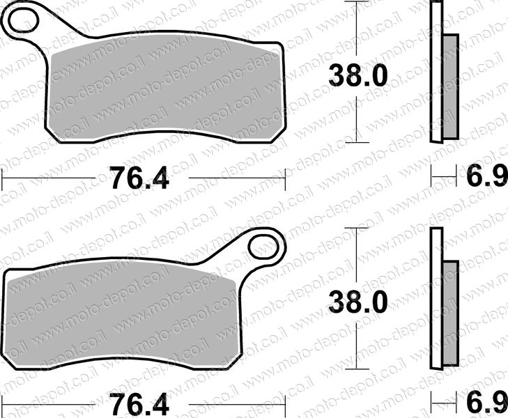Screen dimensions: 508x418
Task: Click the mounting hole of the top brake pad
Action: [x=24, y=20]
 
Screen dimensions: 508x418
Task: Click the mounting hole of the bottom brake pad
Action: [x=263, y=247]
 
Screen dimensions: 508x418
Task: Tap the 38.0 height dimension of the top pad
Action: [x=357, y=76]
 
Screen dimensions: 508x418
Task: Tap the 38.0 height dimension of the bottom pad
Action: [x=357, y=302]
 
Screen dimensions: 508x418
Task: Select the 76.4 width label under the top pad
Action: [x=139, y=178]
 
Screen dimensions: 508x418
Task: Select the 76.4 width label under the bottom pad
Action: [x=139, y=404]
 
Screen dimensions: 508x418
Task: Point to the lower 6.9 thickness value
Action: [x=486, y=403]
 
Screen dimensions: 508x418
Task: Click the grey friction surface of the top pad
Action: [x=165, y=89]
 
